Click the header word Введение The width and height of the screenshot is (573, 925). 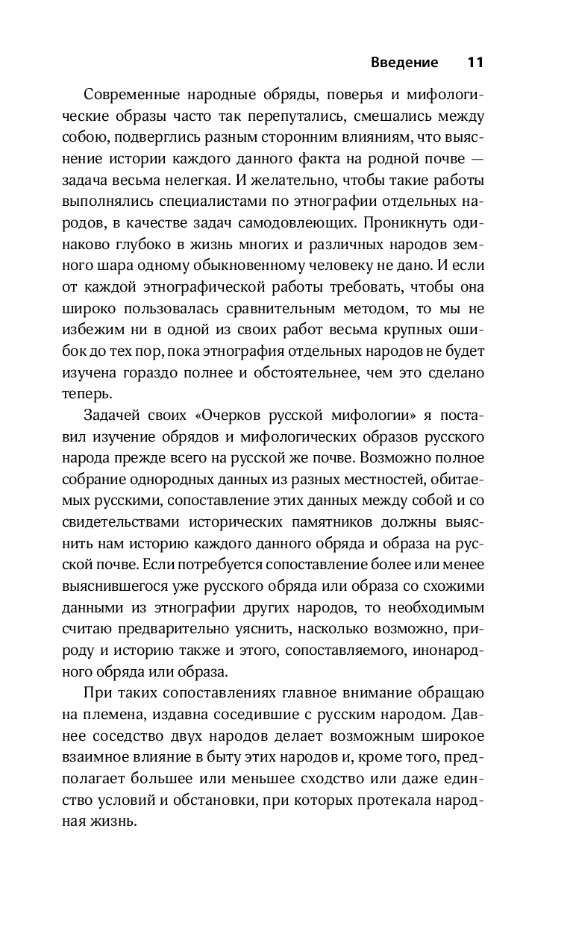click(404, 63)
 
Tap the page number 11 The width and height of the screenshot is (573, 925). click(475, 63)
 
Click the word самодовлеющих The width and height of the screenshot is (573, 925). click(311, 222)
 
